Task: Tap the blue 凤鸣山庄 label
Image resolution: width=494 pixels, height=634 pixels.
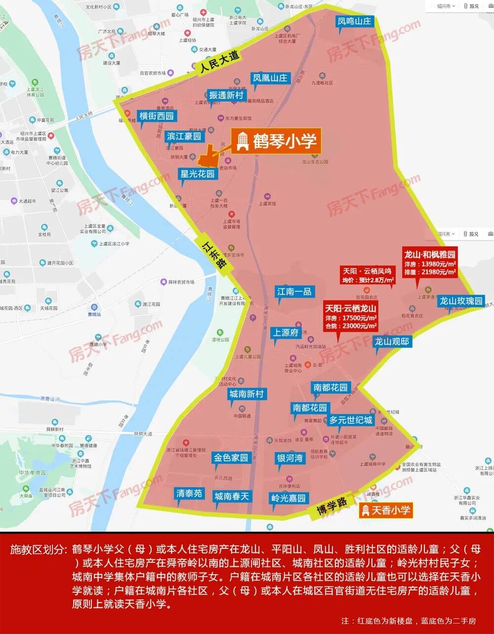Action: (354, 21)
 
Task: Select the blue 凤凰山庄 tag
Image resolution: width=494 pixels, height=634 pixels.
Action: (269, 78)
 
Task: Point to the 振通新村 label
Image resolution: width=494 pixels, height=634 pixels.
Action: (226, 95)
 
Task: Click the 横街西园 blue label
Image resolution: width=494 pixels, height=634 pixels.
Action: (157, 116)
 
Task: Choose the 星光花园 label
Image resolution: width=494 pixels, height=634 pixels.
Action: (198, 174)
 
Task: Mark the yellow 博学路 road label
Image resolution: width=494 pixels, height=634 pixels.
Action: (331, 504)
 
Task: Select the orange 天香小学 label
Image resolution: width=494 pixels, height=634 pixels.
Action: (386, 510)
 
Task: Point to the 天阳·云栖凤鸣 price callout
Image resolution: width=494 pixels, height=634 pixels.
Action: (368, 275)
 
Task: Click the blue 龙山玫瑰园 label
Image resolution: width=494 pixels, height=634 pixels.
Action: (460, 301)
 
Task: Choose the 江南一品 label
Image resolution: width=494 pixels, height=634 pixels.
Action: (294, 292)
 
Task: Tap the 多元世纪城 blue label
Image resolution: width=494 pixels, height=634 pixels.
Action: (351, 420)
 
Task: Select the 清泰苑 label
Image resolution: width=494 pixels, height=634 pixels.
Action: (189, 493)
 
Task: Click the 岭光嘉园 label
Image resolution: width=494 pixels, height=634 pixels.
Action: (288, 498)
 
